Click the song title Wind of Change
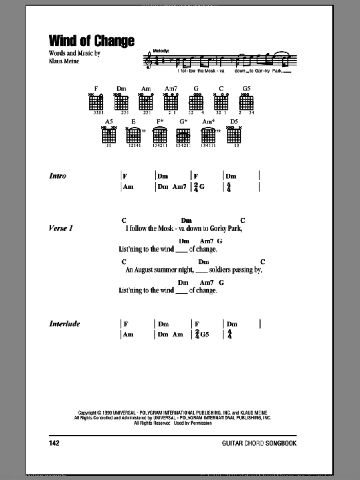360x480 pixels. [92, 41]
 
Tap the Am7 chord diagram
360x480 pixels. [171, 103]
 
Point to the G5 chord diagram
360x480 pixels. [246, 103]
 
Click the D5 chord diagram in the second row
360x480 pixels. [234, 135]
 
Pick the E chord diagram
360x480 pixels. [134, 135]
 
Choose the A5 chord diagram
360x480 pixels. [109, 135]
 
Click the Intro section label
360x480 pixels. [58, 176]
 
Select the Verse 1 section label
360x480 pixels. [61, 228]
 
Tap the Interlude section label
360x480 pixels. [64, 324]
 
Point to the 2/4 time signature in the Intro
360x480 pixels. [196, 187]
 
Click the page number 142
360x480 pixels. [55, 443]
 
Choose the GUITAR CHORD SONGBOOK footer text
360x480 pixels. [259, 443]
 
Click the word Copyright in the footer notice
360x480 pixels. [88, 413]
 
